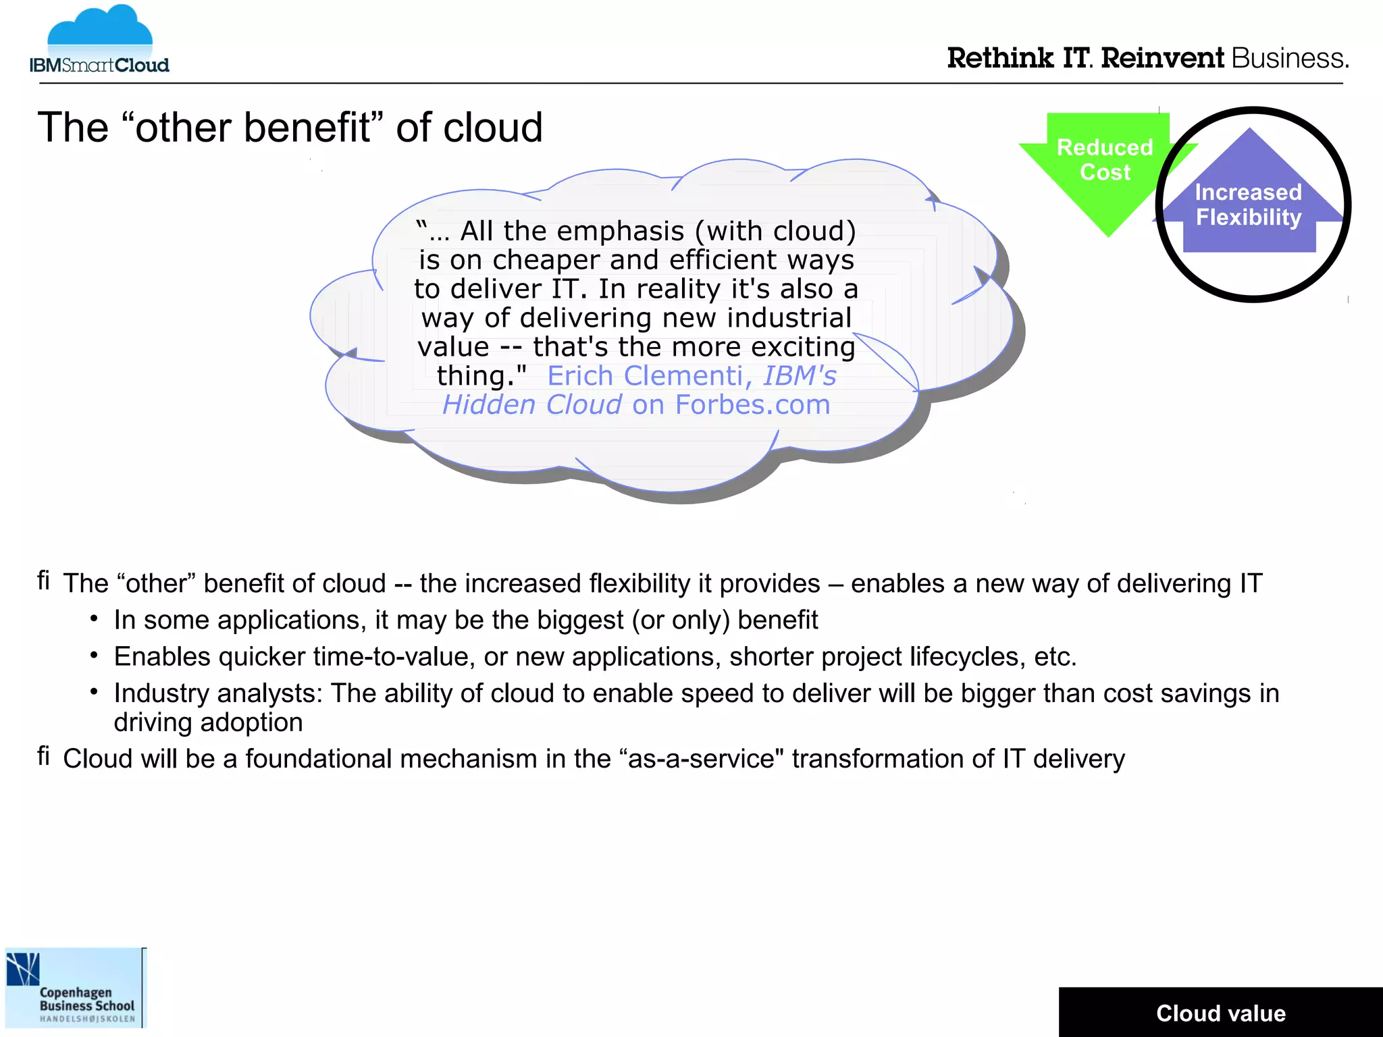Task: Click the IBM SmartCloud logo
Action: pos(99,41)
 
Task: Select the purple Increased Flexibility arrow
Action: pos(1249,199)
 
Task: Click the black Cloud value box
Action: pos(1220,1013)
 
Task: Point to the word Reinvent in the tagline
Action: pos(1162,59)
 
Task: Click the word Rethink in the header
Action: pos(999,59)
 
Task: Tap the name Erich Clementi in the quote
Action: pos(646,376)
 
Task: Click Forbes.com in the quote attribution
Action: pos(752,405)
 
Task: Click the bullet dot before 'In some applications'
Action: pos(95,618)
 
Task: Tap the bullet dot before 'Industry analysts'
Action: pos(95,691)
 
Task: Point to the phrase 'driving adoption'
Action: pos(208,722)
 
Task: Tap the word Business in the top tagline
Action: pos(1289,59)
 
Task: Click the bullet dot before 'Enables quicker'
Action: pos(95,655)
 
